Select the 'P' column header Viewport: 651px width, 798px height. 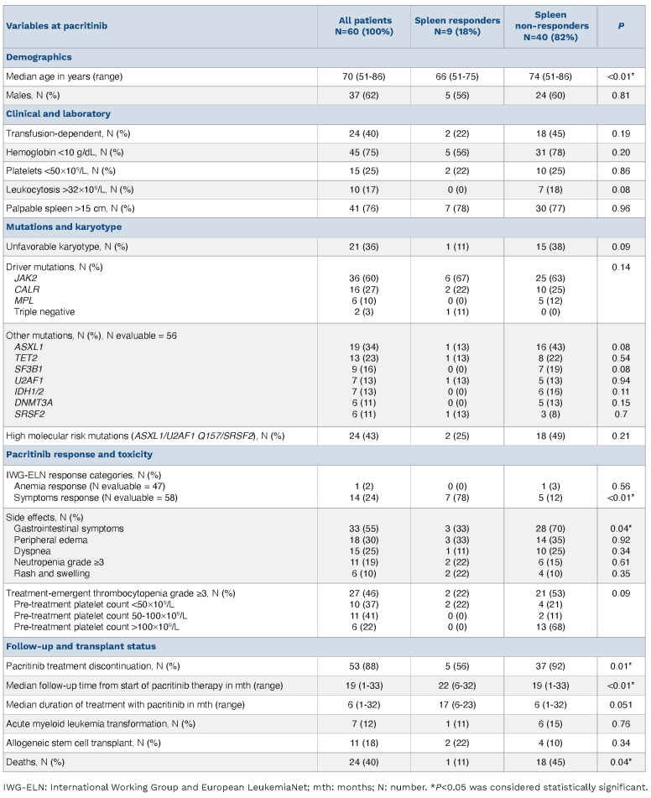621,26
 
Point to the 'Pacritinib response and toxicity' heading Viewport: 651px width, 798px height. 80,454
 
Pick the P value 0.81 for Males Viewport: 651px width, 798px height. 621,96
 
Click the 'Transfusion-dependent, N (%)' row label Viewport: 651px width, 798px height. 67,133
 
